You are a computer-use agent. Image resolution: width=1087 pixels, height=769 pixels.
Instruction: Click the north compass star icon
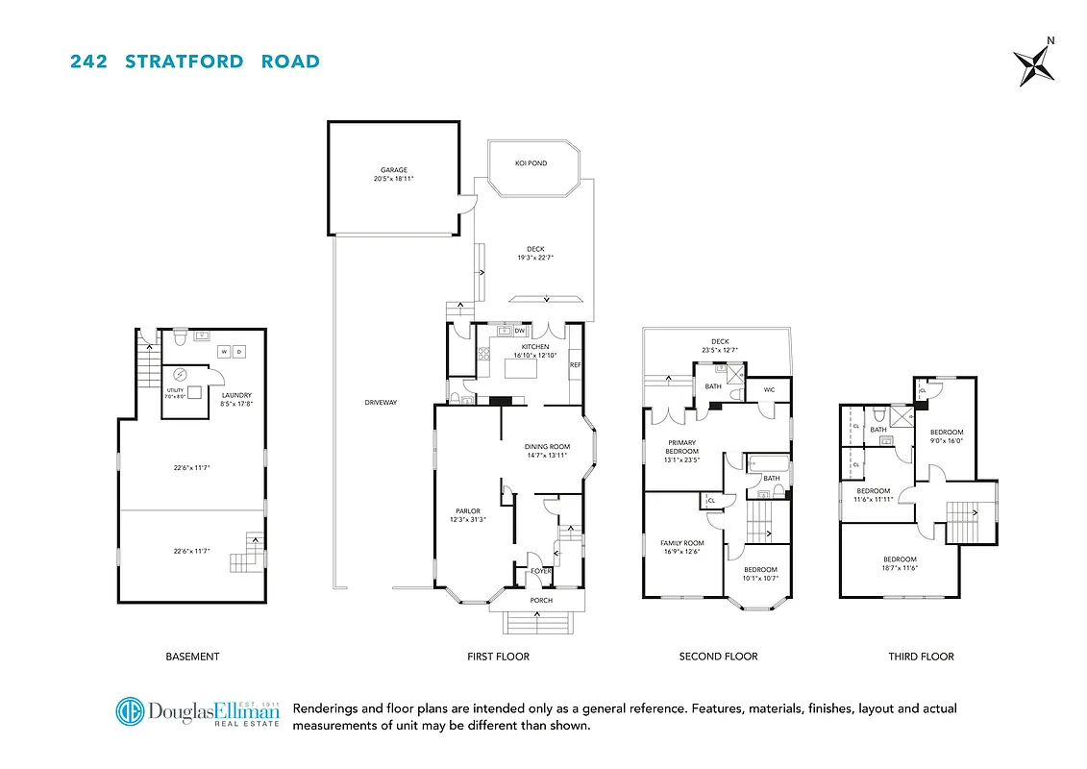point(1034,65)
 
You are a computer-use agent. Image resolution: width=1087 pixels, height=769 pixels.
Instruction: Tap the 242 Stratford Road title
point(195,62)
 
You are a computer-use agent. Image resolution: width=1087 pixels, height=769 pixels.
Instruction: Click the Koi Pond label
point(531,163)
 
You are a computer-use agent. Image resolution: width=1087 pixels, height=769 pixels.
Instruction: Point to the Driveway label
point(381,402)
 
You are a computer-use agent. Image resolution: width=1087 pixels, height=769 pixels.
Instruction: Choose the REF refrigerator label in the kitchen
point(575,365)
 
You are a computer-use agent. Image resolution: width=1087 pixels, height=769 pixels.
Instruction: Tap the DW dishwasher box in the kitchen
point(520,331)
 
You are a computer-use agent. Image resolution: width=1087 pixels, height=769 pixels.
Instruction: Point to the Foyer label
point(541,571)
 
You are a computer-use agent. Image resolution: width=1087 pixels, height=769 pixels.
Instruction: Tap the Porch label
point(541,601)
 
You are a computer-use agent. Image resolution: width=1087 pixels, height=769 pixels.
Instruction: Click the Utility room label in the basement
point(175,392)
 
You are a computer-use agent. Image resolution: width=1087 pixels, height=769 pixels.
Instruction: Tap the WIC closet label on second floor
point(769,389)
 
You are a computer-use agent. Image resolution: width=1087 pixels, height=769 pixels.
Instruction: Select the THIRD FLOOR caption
point(921,657)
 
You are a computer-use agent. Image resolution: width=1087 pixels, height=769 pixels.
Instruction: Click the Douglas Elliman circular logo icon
point(130,712)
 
